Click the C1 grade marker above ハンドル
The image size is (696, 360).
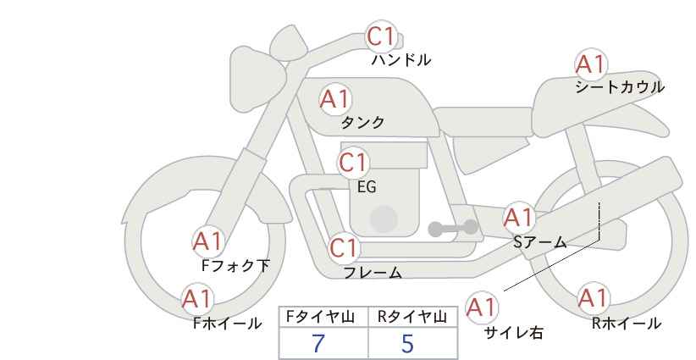tap(381, 36)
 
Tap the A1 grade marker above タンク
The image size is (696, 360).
tap(335, 99)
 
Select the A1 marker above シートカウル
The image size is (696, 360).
tap(591, 64)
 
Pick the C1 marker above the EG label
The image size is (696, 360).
tap(353, 163)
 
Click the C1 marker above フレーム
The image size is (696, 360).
tap(344, 248)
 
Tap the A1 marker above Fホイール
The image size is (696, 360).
tap(197, 299)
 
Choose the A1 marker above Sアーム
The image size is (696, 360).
tap(519, 218)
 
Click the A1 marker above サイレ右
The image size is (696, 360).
tap(482, 307)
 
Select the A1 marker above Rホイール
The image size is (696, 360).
tap(593, 298)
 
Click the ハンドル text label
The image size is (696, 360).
tap(400, 60)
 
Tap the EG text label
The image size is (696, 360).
tap(367, 187)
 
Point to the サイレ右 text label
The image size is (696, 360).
tap(514, 333)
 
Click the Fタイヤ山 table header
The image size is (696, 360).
tap(321, 317)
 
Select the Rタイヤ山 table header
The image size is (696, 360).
tap(412, 317)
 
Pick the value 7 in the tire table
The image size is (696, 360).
tap(318, 343)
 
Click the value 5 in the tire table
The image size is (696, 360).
tap(407, 343)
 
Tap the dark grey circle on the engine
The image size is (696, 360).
tap(384, 219)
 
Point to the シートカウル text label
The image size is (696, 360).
tap(620, 87)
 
